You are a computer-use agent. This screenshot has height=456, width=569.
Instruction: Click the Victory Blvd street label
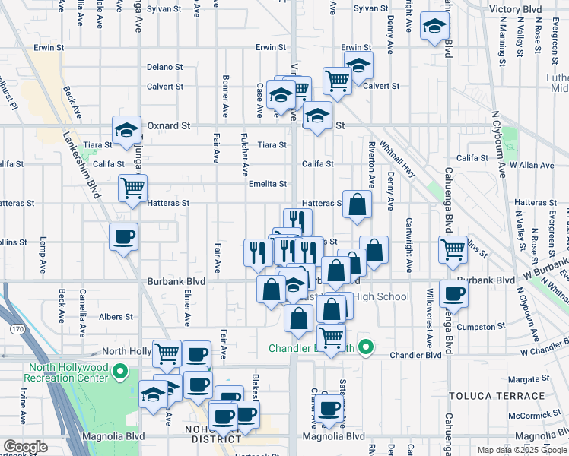click(x=515, y=10)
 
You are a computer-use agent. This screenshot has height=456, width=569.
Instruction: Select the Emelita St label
click(x=267, y=184)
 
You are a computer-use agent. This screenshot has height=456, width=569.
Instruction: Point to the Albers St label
click(x=118, y=316)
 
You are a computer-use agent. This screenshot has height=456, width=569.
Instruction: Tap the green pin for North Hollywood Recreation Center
click(x=119, y=372)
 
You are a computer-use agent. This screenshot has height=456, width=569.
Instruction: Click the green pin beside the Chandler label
click(x=366, y=348)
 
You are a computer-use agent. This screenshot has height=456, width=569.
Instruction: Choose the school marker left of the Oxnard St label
click(x=126, y=129)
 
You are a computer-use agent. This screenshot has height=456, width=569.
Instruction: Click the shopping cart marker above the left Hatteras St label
click(x=132, y=186)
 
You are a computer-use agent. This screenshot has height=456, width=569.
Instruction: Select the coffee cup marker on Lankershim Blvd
click(x=123, y=236)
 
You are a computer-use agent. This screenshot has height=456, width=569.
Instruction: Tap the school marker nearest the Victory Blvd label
click(x=434, y=27)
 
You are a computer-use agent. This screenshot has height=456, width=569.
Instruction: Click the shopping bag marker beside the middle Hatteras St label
click(x=357, y=204)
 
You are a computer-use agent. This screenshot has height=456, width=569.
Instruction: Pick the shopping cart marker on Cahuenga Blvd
click(x=453, y=248)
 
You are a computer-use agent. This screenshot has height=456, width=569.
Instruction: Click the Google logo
click(x=25, y=447)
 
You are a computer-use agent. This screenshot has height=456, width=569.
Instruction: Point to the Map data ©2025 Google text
click(x=521, y=450)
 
